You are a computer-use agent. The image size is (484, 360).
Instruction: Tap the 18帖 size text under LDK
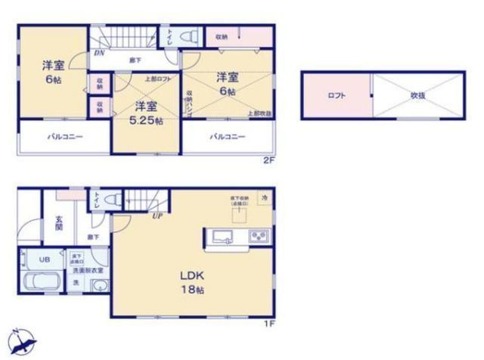pyautogui.click(x=192, y=290)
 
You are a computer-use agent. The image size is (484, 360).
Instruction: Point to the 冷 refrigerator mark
pyautogui.click(x=264, y=197)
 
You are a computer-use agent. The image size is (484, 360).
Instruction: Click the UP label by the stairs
pyautogui.click(x=157, y=216)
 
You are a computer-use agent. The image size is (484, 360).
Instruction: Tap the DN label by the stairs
pyautogui.click(x=99, y=53)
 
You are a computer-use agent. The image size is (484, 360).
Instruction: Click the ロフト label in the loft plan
pyautogui.click(x=337, y=97)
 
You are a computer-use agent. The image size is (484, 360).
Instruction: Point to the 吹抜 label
pyautogui.click(x=420, y=97)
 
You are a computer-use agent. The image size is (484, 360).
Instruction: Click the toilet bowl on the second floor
pyautogui.click(x=190, y=36)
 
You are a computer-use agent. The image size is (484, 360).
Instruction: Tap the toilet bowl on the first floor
pyautogui.click(x=113, y=199)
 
